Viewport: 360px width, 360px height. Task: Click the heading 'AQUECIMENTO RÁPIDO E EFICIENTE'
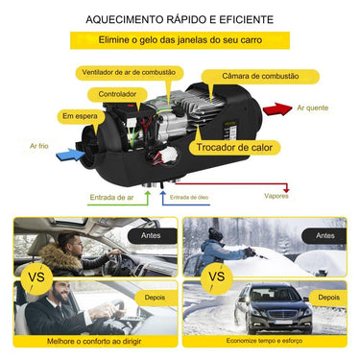(179, 19)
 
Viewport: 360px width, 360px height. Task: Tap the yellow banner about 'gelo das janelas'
(180, 41)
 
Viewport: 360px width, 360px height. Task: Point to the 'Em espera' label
(81, 116)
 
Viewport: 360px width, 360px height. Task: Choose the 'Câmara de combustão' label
(259, 76)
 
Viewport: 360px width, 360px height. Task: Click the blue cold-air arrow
(70, 151)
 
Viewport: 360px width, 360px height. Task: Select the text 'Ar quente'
(313, 108)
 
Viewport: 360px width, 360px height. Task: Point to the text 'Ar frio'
(39, 146)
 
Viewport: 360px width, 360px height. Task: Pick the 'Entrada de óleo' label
(189, 197)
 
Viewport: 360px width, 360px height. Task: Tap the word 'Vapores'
(276, 196)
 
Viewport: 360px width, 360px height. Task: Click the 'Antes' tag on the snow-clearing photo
(325, 233)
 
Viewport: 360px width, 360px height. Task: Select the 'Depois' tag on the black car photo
(326, 297)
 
